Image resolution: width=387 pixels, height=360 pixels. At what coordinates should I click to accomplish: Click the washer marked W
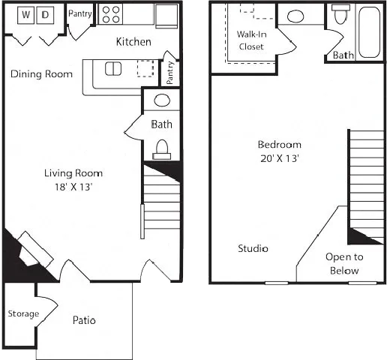[x=25, y=15]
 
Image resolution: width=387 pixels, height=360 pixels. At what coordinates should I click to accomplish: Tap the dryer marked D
[x=45, y=15]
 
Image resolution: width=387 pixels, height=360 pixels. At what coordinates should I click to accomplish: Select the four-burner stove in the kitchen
[x=111, y=14]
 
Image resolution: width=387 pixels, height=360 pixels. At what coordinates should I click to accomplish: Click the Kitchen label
[x=133, y=42]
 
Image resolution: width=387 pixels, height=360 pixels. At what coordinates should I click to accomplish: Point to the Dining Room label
[x=41, y=74]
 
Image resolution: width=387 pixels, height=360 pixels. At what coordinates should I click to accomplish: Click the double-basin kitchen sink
[x=113, y=69]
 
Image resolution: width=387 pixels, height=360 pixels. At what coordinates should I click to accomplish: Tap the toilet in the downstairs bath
[x=162, y=149]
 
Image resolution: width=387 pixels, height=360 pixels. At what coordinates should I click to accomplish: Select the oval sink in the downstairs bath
[x=162, y=100]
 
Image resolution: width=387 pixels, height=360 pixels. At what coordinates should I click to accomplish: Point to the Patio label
[x=84, y=320]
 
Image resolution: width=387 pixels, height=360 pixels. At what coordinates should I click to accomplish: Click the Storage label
[x=23, y=313]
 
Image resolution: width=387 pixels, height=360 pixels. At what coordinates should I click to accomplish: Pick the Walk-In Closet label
[x=251, y=40]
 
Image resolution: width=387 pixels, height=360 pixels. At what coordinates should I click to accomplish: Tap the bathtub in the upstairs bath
[x=370, y=32]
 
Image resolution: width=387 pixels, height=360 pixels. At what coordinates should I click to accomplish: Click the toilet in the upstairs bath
[x=340, y=14]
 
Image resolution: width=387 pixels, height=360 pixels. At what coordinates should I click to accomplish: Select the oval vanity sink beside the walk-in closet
[x=295, y=16]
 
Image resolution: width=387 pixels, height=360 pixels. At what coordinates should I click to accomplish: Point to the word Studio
[x=253, y=248]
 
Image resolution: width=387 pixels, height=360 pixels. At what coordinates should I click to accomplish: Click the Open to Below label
[x=344, y=263]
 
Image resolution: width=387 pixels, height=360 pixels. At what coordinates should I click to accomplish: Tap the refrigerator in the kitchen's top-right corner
[x=166, y=16]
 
